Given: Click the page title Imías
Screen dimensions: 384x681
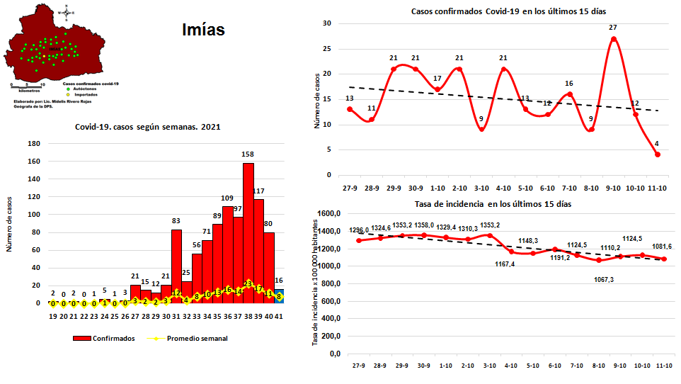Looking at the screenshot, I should pos(203,30).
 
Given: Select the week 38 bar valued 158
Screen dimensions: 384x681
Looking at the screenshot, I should pos(248,233).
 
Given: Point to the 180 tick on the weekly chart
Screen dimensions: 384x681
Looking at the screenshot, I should pos(33,142).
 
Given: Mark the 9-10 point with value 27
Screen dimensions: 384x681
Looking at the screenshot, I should pos(614,38).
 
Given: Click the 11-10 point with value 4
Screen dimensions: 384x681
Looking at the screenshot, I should pos(658,154).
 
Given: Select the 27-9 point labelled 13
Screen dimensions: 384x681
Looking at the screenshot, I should pos(350,109).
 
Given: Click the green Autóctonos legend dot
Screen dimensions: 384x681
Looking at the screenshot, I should pos(67,89).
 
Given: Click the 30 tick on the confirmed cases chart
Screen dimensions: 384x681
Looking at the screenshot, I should pos(328,23).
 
